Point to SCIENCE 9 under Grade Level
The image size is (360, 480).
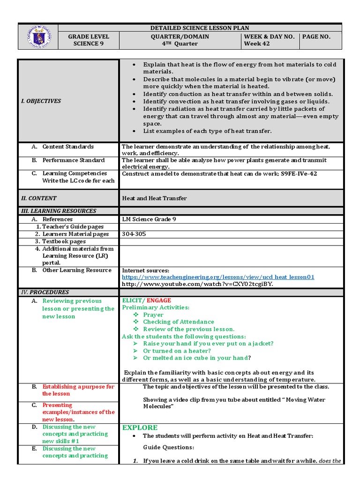[89, 44]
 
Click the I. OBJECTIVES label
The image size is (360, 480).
[44, 101]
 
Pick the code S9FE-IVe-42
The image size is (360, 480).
[299, 173]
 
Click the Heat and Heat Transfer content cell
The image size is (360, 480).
[154, 198]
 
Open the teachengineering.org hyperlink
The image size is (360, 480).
[218, 277]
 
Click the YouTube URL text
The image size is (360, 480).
[197, 284]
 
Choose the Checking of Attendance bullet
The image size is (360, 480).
[178, 322]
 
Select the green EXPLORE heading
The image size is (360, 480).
[140, 427]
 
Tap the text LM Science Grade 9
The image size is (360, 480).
[149, 219]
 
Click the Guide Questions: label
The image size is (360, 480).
[162, 447]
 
